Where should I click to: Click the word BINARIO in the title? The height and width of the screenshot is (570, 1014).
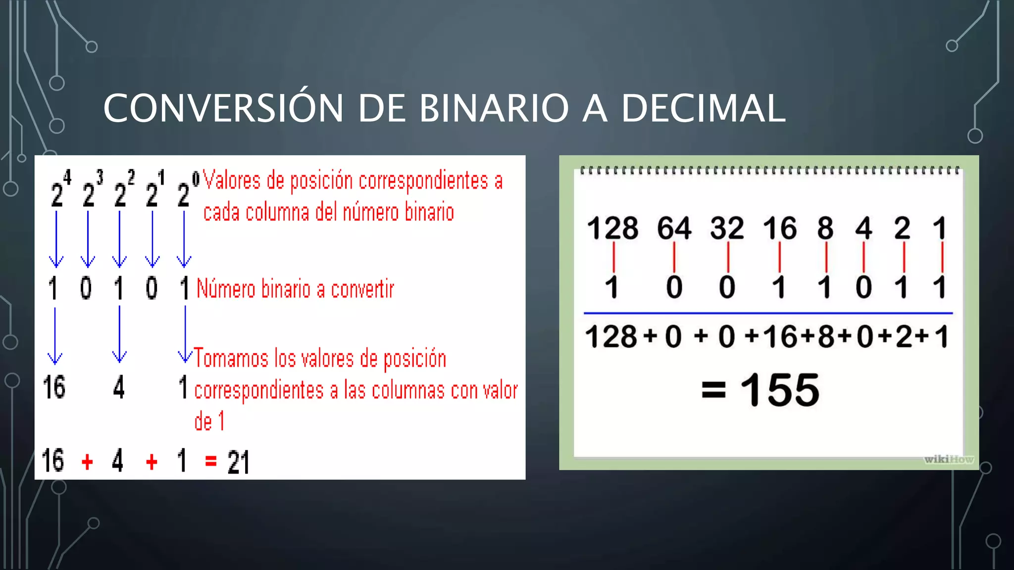pos(494,108)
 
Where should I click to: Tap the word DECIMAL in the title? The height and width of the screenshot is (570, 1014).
pos(703,108)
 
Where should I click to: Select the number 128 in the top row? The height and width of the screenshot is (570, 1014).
pos(612,228)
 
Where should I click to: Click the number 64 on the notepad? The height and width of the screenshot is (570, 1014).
pos(674,228)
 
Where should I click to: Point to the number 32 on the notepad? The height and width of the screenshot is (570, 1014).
pos(727,228)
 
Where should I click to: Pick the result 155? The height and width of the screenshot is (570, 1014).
pos(780,390)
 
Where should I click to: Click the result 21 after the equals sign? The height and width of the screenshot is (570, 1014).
pos(238,462)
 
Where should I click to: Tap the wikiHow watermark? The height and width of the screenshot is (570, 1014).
pos(949,459)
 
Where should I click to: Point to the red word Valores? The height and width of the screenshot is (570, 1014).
pos(232,181)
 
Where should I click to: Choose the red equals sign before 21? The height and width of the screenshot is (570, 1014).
pos(211,461)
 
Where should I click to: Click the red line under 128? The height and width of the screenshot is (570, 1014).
pos(613,257)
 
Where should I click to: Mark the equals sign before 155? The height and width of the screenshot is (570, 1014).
pos(713,390)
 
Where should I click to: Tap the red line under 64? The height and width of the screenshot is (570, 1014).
pos(674,257)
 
